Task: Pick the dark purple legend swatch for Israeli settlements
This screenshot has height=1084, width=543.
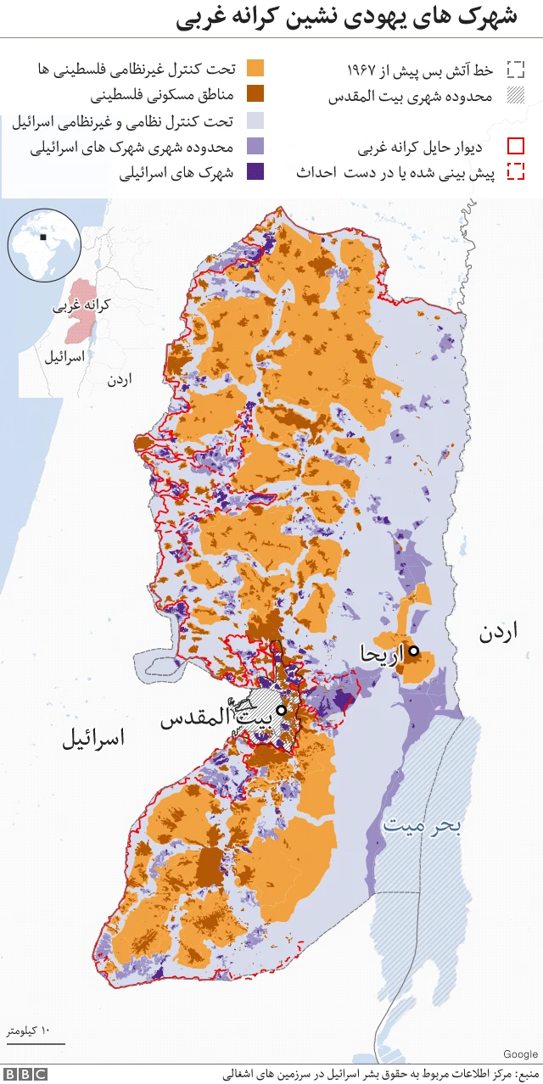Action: pos(255,171)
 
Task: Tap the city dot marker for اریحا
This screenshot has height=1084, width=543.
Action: pos(413,651)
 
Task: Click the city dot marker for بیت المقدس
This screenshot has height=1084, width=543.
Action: pos(281,710)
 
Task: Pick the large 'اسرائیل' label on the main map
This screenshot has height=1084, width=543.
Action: pos(93,738)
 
